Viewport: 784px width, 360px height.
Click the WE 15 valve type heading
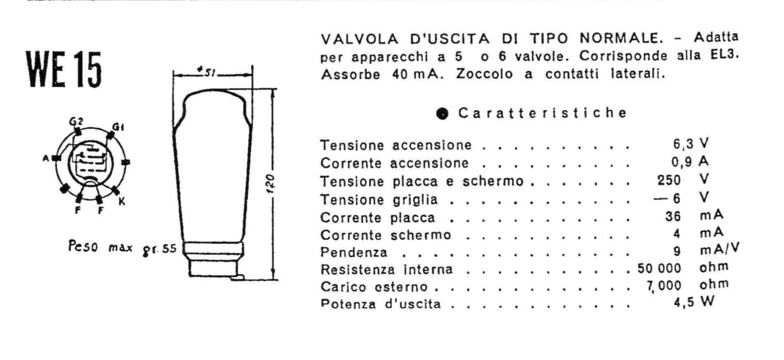tap(63, 69)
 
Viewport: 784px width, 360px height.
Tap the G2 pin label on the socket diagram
tap(76, 121)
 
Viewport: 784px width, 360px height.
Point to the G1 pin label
tap(118, 127)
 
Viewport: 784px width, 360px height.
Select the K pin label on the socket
tap(122, 202)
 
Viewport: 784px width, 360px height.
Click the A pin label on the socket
tap(46, 158)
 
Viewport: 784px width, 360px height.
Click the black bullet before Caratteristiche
tap(443, 114)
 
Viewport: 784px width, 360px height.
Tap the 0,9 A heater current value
tap(690, 161)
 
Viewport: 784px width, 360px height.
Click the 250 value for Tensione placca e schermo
tap(669, 180)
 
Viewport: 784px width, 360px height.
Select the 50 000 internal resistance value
tap(660, 268)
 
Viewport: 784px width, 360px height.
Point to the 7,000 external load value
tap(664, 286)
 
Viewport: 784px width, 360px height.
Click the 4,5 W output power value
tap(694, 302)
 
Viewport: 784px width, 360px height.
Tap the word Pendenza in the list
tap(354, 252)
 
